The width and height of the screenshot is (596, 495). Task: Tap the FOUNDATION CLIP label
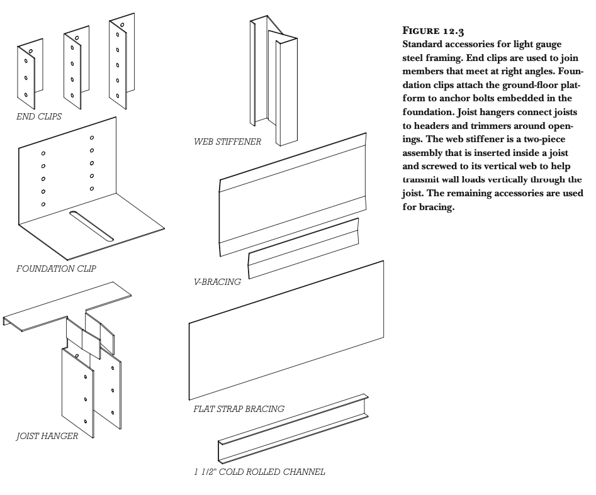pyautogui.click(x=56, y=269)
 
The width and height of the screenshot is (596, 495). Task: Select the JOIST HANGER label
pyautogui.click(x=47, y=436)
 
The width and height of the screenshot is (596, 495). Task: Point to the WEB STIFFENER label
pyautogui.click(x=227, y=142)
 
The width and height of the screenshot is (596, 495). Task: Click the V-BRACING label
pyautogui.click(x=217, y=282)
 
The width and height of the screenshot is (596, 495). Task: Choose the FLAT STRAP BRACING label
pyautogui.click(x=239, y=409)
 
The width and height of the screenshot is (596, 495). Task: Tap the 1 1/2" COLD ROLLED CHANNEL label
pyautogui.click(x=259, y=472)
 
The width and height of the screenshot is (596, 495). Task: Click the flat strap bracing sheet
pyautogui.click(x=286, y=330)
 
